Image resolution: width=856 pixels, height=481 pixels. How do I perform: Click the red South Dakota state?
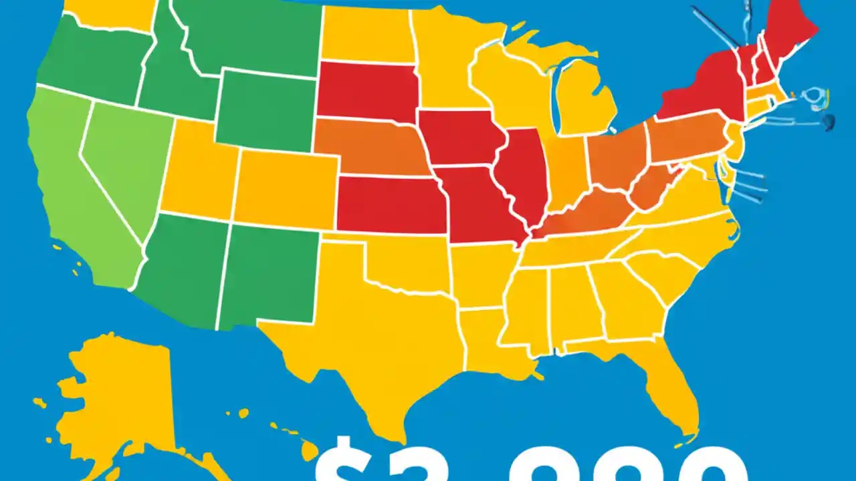pos(368,90)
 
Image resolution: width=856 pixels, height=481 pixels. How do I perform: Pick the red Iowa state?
pos(461,137)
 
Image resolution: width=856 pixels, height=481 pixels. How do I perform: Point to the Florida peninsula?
pos(669,387)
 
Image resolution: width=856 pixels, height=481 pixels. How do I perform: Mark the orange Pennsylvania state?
pos(685,137)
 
